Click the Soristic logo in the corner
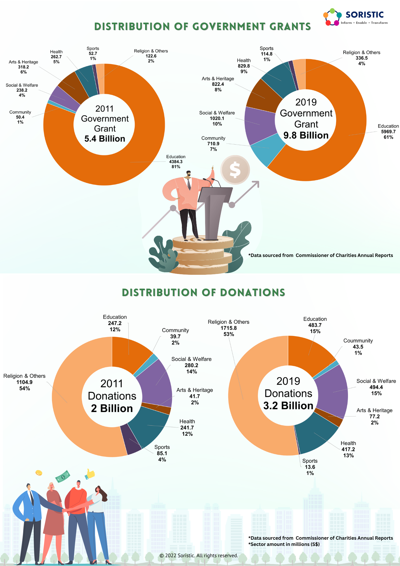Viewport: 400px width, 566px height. [x=355, y=17]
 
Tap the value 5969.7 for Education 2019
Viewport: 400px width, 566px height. [x=388, y=132]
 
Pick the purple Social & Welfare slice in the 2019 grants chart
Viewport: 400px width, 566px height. [x=259, y=125]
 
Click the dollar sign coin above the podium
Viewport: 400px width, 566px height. [x=235, y=170]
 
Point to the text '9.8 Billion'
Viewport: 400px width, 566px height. [x=306, y=135]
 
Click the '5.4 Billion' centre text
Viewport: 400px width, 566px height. [x=105, y=139]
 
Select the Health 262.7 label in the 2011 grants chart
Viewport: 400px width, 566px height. [x=56, y=57]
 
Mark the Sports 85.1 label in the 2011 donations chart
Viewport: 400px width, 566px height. [x=162, y=453]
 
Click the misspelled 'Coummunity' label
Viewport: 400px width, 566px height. [x=358, y=341]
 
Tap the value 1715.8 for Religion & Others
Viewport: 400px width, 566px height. [x=229, y=328]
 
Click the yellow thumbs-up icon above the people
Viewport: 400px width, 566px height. [x=90, y=474]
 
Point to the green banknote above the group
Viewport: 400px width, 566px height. [x=63, y=477]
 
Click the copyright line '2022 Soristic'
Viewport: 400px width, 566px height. [x=199, y=556]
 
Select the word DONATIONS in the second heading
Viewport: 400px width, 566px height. [x=252, y=293]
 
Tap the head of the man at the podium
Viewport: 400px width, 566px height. [x=188, y=174]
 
